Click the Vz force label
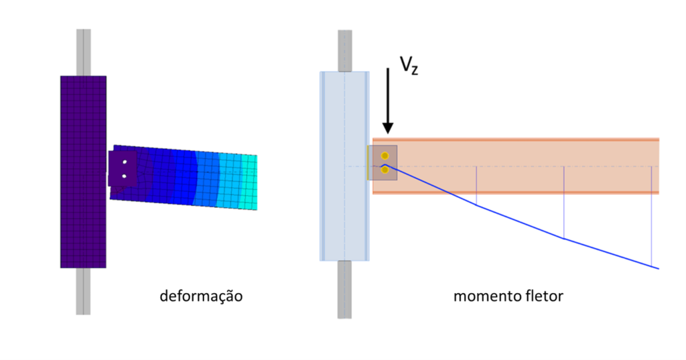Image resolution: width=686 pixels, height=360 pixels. [x=409, y=65]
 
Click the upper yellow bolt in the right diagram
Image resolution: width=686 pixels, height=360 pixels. [x=385, y=156]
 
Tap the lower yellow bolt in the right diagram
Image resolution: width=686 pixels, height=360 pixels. [x=385, y=170]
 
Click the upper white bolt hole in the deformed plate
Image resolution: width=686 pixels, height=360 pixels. [x=124, y=162]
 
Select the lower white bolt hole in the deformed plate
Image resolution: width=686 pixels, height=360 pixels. [x=124, y=176]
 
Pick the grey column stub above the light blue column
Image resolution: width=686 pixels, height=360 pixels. [x=344, y=50]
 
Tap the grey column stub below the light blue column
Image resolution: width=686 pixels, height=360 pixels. [x=344, y=288]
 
